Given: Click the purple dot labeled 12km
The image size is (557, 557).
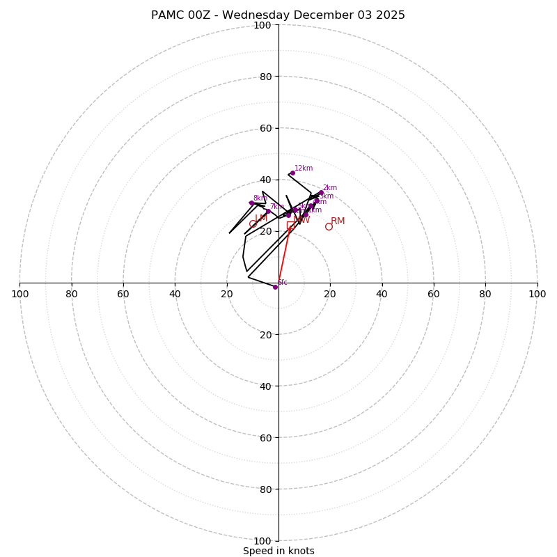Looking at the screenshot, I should (x=292, y=173).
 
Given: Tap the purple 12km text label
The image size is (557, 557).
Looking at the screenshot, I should (x=304, y=168).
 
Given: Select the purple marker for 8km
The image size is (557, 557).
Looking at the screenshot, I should (x=251, y=203).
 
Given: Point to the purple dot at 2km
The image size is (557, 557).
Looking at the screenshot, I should (x=321, y=193).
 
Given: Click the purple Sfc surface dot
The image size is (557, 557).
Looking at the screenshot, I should (x=275, y=287).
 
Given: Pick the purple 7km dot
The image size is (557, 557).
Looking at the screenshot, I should (x=268, y=211).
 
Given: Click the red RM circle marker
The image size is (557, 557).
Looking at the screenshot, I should (x=329, y=226).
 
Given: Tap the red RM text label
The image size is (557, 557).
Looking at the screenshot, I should (x=338, y=221).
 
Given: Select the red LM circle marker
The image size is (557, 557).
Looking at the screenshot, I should (x=253, y=224).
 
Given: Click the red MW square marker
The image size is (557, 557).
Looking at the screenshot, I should (x=290, y=226).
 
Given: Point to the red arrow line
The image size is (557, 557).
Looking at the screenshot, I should (x=284, y=255).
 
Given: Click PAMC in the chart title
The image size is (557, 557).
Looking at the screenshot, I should (x=169, y=15).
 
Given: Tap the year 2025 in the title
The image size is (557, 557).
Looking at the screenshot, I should (x=390, y=15).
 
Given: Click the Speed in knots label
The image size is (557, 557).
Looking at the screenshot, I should (x=278, y=551).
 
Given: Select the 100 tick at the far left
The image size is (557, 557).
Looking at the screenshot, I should (x=19, y=294).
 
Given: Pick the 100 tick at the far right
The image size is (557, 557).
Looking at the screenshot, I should (x=537, y=294).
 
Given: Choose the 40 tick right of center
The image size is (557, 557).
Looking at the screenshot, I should (x=382, y=294).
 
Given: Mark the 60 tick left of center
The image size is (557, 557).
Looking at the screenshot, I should (x=123, y=294).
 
